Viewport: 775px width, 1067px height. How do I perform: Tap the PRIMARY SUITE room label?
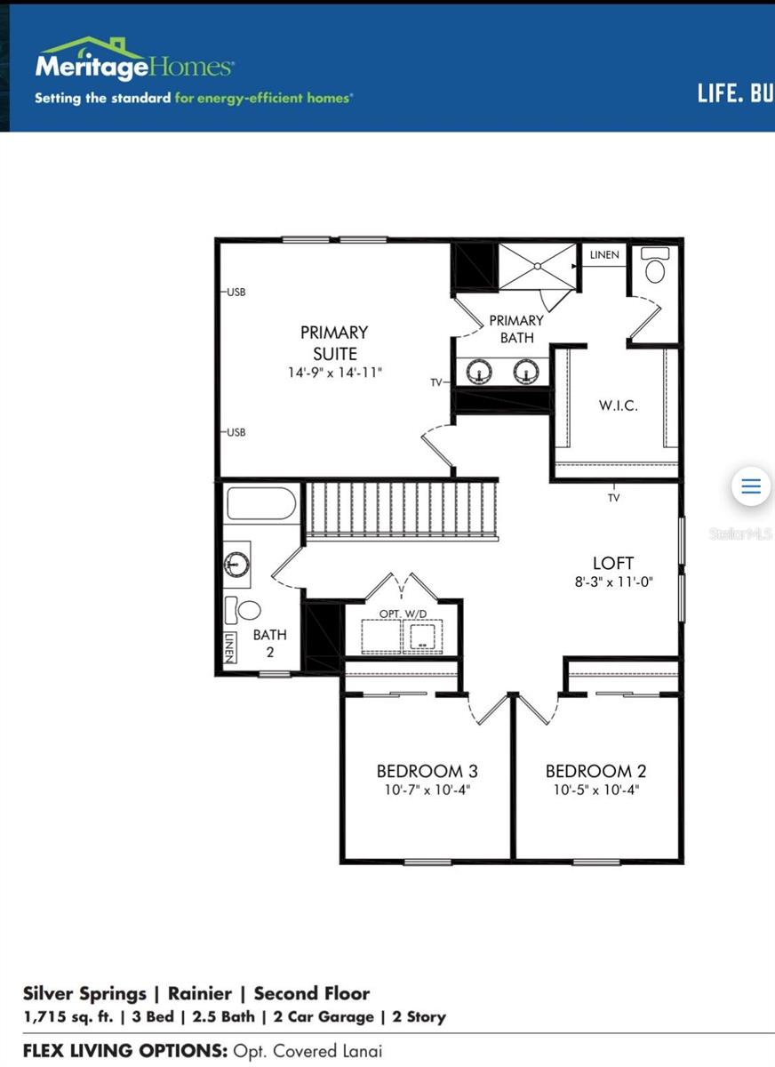[x=334, y=342]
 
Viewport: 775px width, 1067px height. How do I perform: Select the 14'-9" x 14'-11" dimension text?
[x=334, y=373]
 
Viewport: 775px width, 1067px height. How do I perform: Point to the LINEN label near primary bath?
[x=604, y=255]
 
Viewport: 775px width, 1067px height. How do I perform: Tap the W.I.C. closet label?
[x=617, y=405]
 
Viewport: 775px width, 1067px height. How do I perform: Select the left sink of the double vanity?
[x=480, y=370]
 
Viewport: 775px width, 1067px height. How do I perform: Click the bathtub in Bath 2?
[x=260, y=504]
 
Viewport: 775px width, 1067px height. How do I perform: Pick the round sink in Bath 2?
[x=236, y=564]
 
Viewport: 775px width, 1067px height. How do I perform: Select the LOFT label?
[x=613, y=563]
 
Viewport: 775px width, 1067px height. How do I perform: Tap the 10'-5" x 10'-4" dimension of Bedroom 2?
[x=592, y=790]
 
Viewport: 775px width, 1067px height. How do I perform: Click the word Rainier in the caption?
[x=200, y=993]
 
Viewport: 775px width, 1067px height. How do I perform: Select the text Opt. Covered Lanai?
[x=308, y=1051]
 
